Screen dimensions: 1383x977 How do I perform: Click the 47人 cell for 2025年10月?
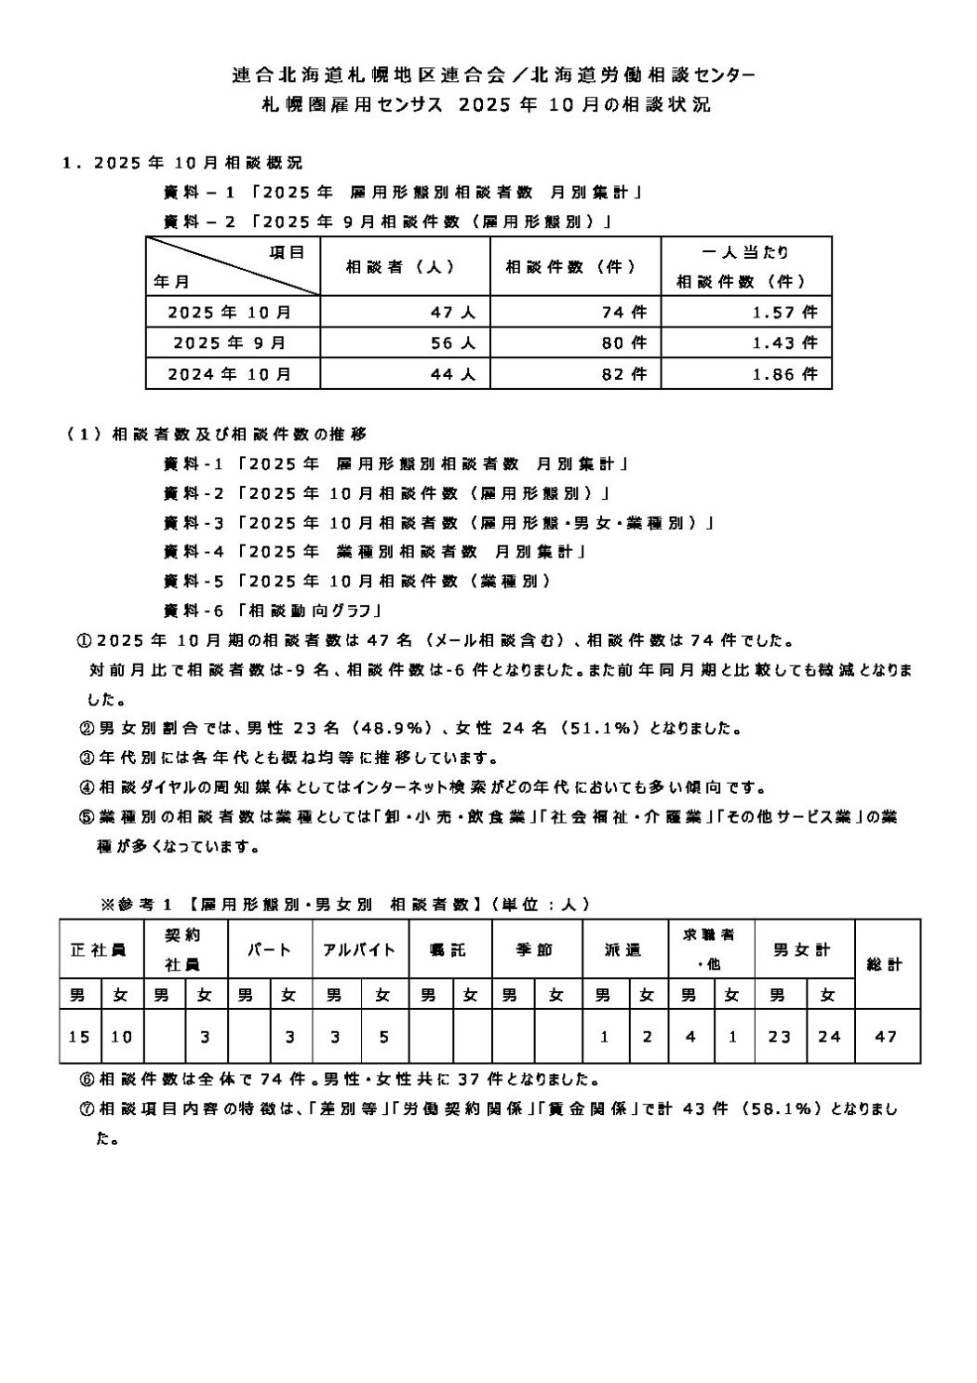pyautogui.click(x=453, y=313)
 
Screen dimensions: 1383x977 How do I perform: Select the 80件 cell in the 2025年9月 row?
pyautogui.click(x=624, y=342)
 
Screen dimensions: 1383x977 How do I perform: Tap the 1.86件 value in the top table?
pyautogui.click(x=785, y=374)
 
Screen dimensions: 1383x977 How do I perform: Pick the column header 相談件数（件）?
pyautogui.click(x=571, y=267)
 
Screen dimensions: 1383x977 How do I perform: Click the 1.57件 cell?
pyautogui.click(x=785, y=313)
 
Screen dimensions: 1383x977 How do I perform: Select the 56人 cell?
pyautogui.click(x=453, y=342)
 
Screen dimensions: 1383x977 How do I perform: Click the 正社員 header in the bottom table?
pyautogui.click(x=100, y=950)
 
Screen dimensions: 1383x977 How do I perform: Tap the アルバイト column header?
pyautogui.click(x=359, y=950)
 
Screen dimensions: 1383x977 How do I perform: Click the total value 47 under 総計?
pyautogui.click(x=887, y=1036)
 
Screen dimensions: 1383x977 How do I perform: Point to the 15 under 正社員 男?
pyautogui.click(x=79, y=1036)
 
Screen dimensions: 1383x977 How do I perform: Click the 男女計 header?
pyautogui.click(x=803, y=950)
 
